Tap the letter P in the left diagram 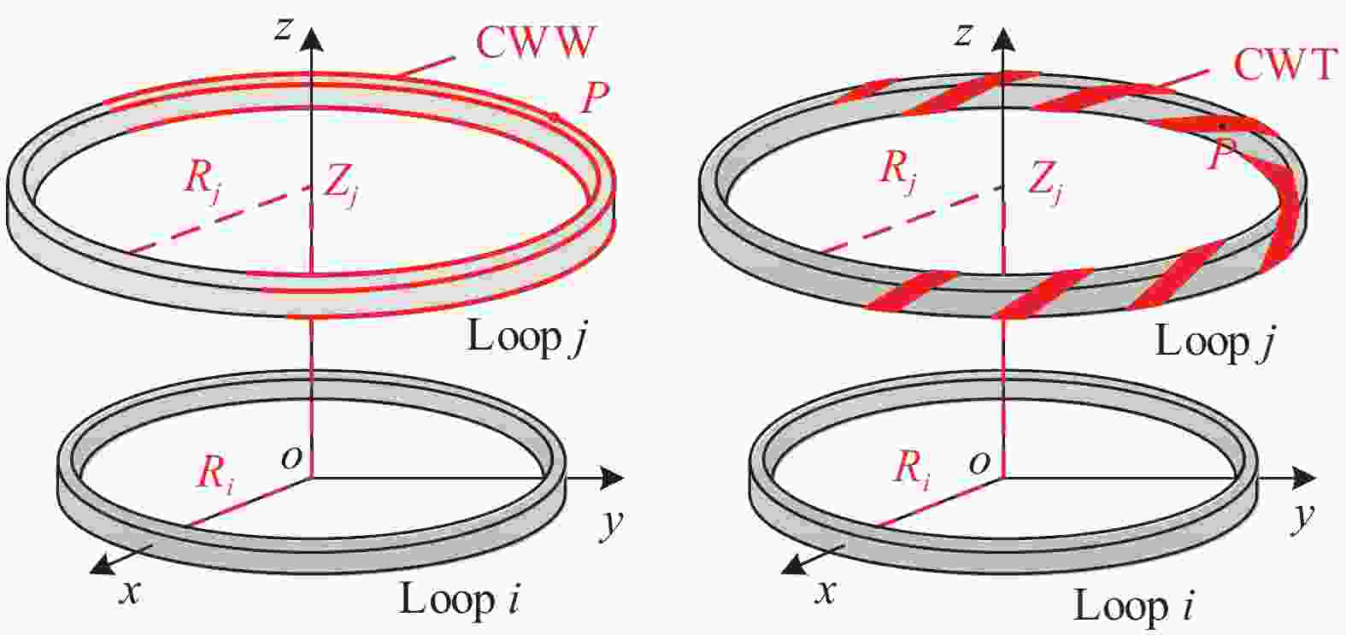click(x=594, y=98)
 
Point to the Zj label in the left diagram click(x=342, y=186)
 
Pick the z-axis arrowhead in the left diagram click(x=311, y=38)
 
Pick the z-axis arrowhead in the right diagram click(x=1002, y=38)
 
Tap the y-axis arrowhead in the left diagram click(x=612, y=478)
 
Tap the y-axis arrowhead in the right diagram click(x=1304, y=478)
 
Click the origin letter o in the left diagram click(x=291, y=459)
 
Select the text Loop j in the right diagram click(x=1214, y=343)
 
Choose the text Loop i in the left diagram click(x=459, y=599)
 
